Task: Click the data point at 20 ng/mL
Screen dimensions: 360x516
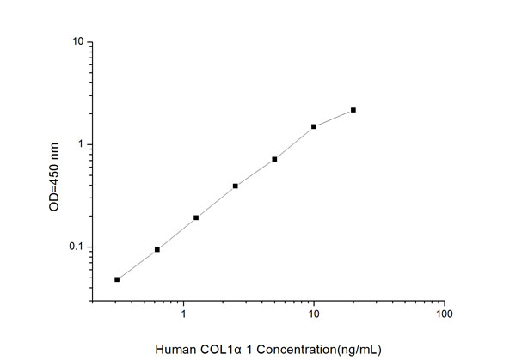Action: pos(353,110)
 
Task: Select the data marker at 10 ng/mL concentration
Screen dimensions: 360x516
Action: pos(314,126)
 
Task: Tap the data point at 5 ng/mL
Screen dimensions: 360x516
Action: pos(274,159)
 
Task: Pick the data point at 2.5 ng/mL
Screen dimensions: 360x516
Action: pos(235,186)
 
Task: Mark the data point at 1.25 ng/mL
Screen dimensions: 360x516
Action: pos(196,217)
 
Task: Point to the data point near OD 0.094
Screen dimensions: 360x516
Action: pos(157,249)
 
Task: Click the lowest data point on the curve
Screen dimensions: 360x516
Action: pos(117,279)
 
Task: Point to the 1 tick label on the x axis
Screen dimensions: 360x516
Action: pos(184,314)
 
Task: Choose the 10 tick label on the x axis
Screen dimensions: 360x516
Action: pos(314,314)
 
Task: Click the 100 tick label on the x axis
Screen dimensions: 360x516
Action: pos(444,314)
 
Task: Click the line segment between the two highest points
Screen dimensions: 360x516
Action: pos(334,119)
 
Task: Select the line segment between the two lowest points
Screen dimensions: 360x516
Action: pos(137,265)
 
